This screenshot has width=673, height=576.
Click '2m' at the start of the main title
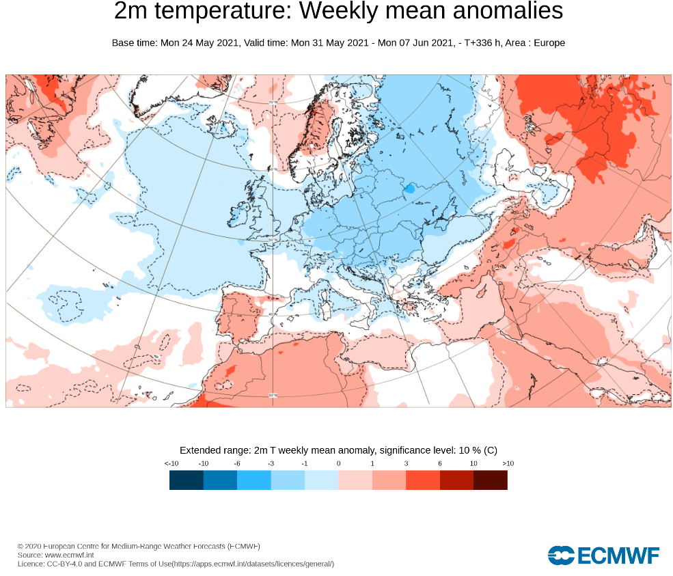point(130,12)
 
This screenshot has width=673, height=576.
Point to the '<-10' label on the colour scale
point(171,463)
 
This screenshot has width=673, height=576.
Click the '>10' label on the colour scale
point(508,463)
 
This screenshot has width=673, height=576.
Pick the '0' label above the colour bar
point(338,463)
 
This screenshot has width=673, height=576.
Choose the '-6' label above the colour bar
point(237,463)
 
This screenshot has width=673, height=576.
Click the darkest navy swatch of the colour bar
point(187,480)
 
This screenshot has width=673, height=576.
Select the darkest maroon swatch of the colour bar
point(491,480)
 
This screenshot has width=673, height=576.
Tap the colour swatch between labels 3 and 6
point(423,480)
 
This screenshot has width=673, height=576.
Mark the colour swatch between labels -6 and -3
point(254,480)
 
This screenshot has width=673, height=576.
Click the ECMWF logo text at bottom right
point(618,556)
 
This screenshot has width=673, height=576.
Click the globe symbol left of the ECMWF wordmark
point(560,556)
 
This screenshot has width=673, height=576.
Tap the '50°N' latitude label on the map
point(273,240)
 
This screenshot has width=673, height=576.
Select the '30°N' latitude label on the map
point(273,395)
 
